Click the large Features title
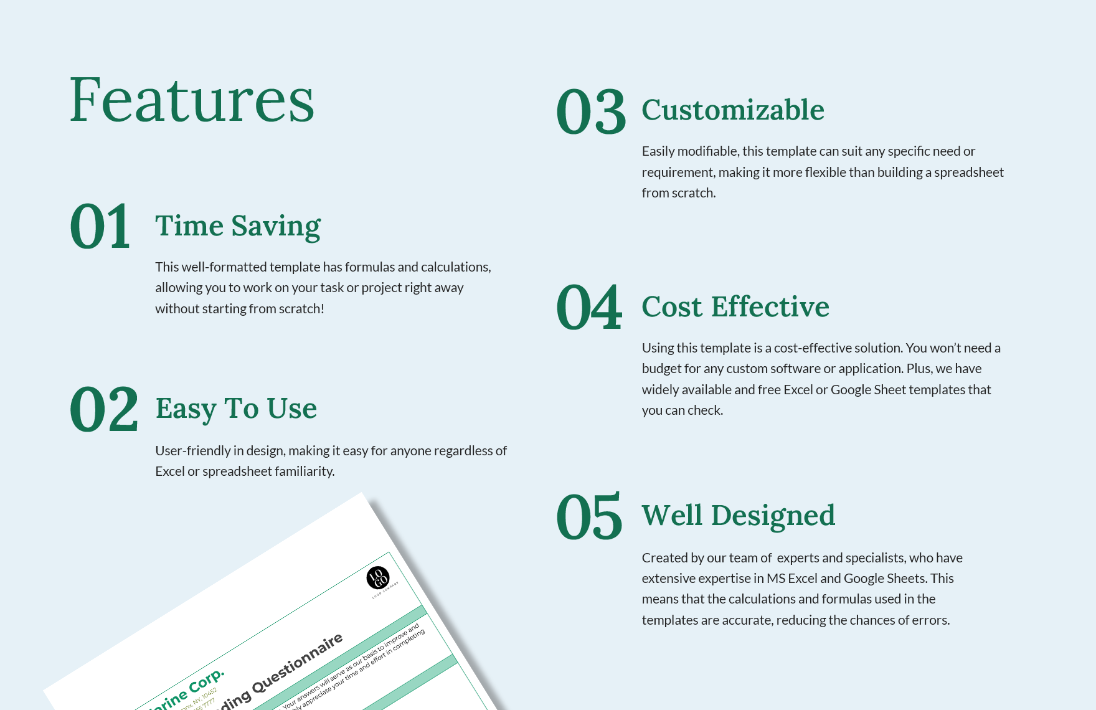[x=192, y=100]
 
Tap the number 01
[x=100, y=227]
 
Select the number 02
[x=104, y=409]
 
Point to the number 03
[x=591, y=112]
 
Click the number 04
[x=589, y=307]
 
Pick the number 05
[x=589, y=517]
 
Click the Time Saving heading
[x=238, y=226]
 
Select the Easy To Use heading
[x=236, y=409]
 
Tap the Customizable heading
[x=733, y=110]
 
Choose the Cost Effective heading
[x=735, y=307]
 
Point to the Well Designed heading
[x=739, y=516]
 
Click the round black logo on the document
[x=378, y=578]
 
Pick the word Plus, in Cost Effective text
[x=919, y=369]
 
